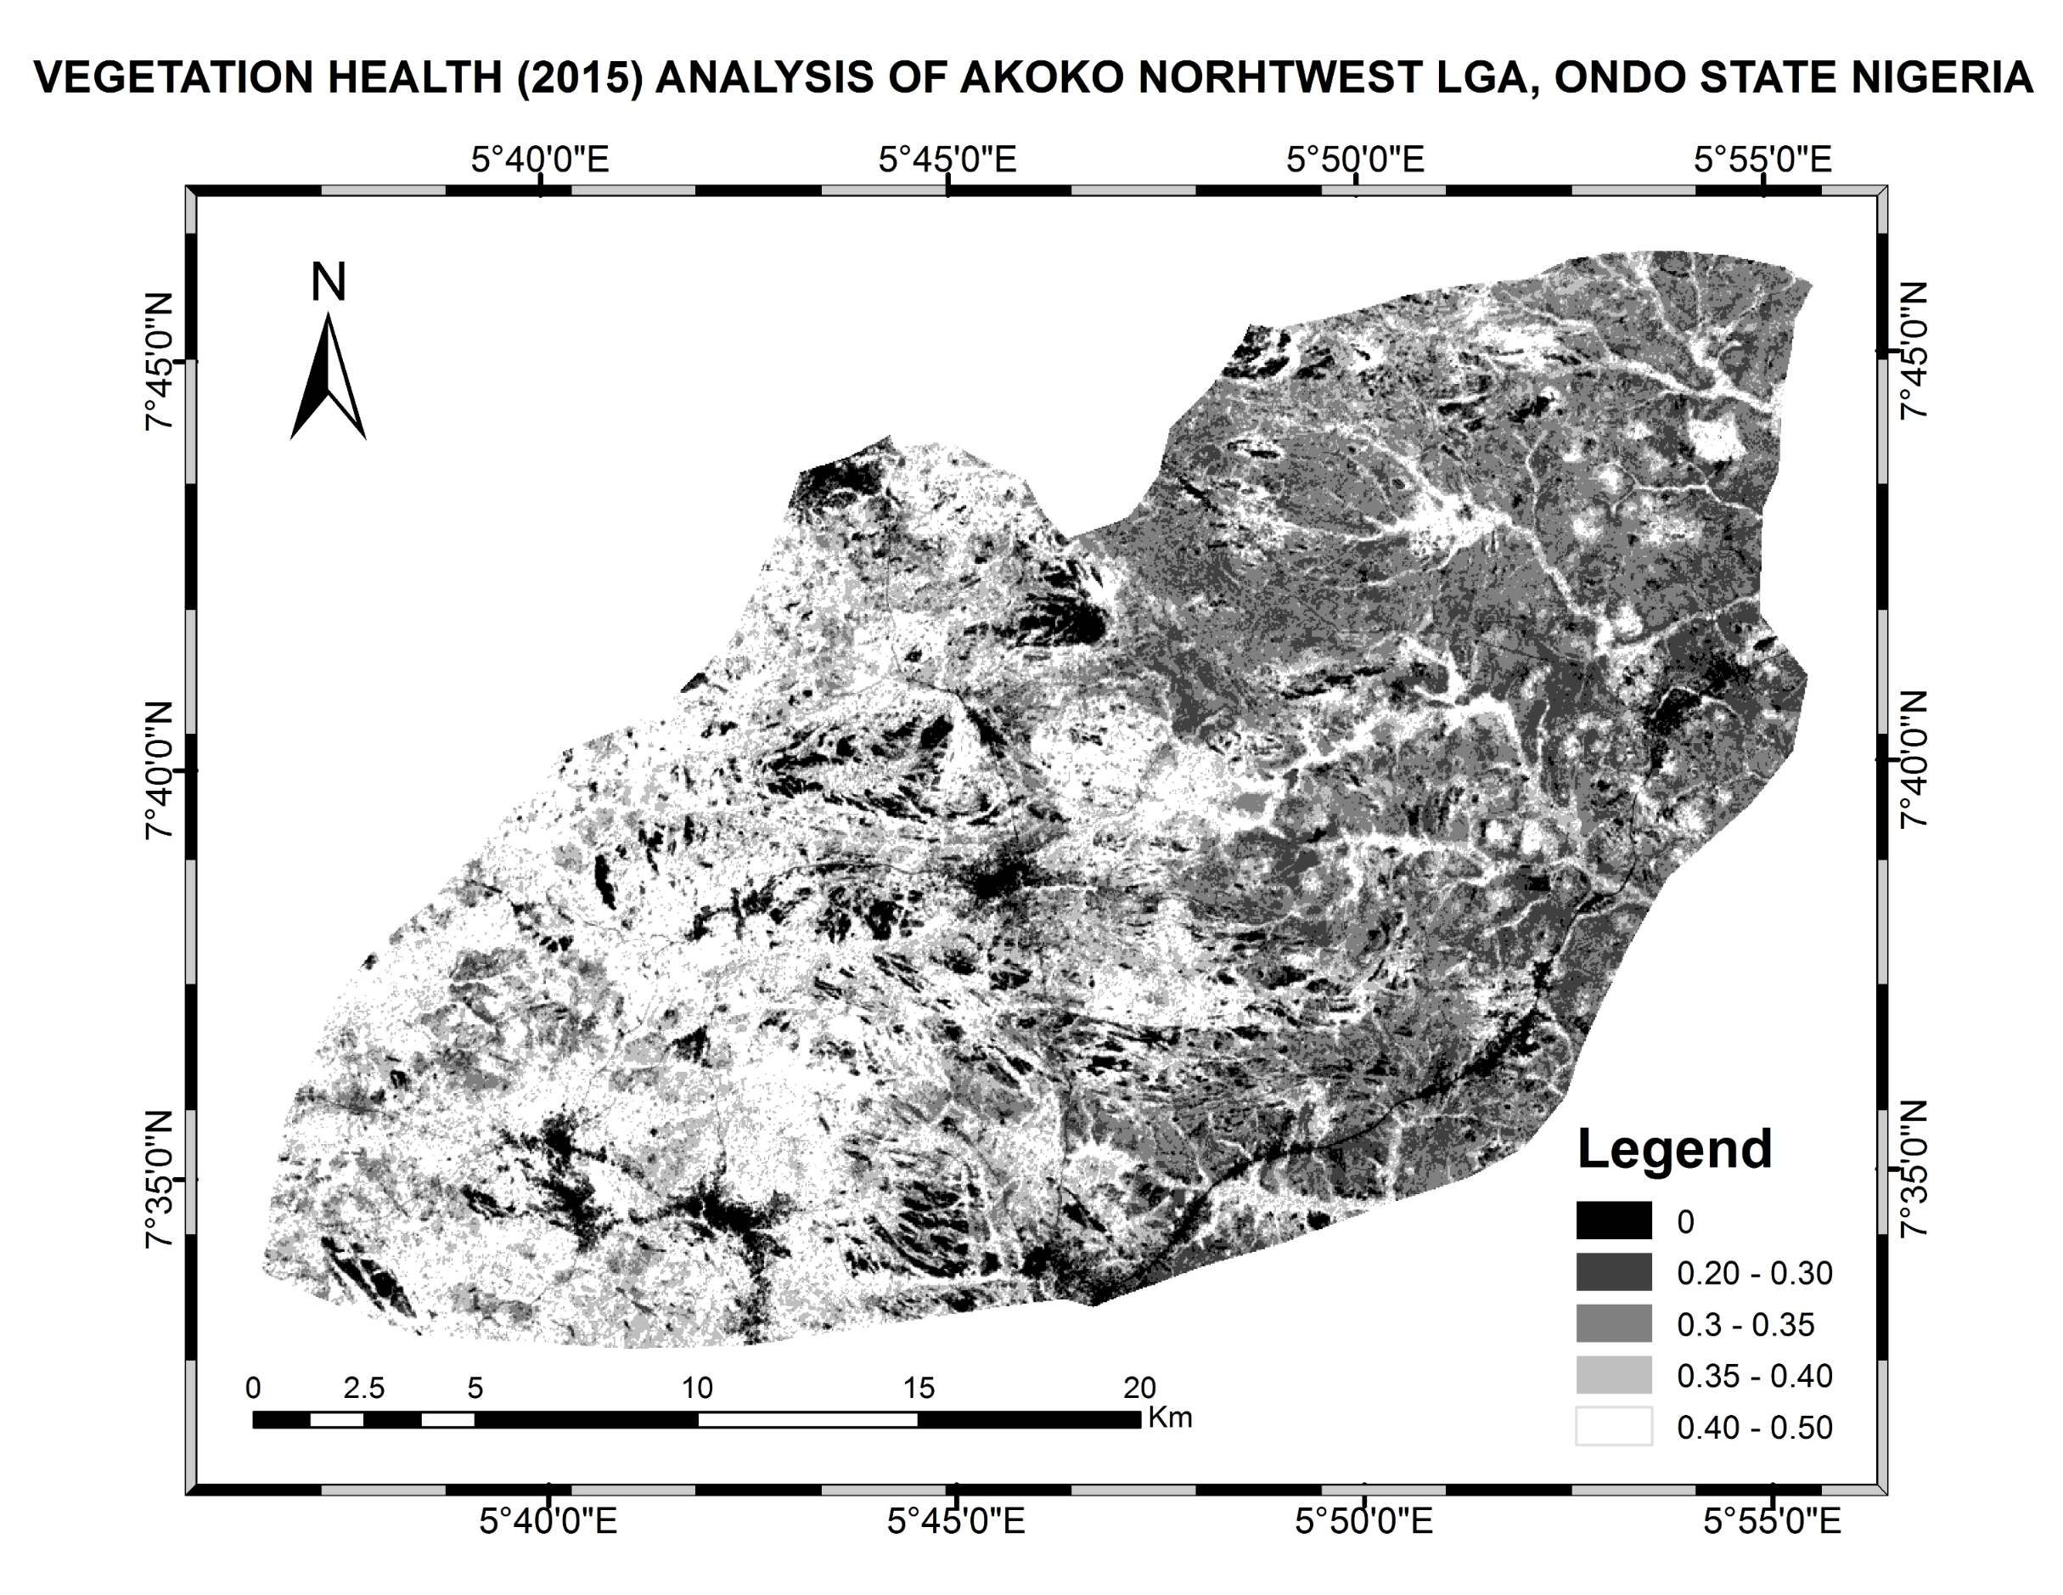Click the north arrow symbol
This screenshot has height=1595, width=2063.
328,378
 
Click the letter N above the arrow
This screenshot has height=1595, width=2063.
328,282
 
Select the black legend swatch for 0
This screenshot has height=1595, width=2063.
1613,1220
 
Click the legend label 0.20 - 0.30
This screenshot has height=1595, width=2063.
1754,1273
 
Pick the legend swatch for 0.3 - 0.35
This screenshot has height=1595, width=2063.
1613,1324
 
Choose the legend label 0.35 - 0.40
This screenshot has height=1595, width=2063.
1754,1376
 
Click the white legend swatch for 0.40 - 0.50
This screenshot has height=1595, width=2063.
1613,1427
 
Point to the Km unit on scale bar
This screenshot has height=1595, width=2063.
1169,1417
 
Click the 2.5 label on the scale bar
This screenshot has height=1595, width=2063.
363,1388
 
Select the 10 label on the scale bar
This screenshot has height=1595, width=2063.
697,1388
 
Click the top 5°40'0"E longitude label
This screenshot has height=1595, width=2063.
539,160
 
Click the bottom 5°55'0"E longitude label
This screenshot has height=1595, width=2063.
1771,1521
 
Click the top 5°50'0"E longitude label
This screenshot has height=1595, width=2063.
1355,160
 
